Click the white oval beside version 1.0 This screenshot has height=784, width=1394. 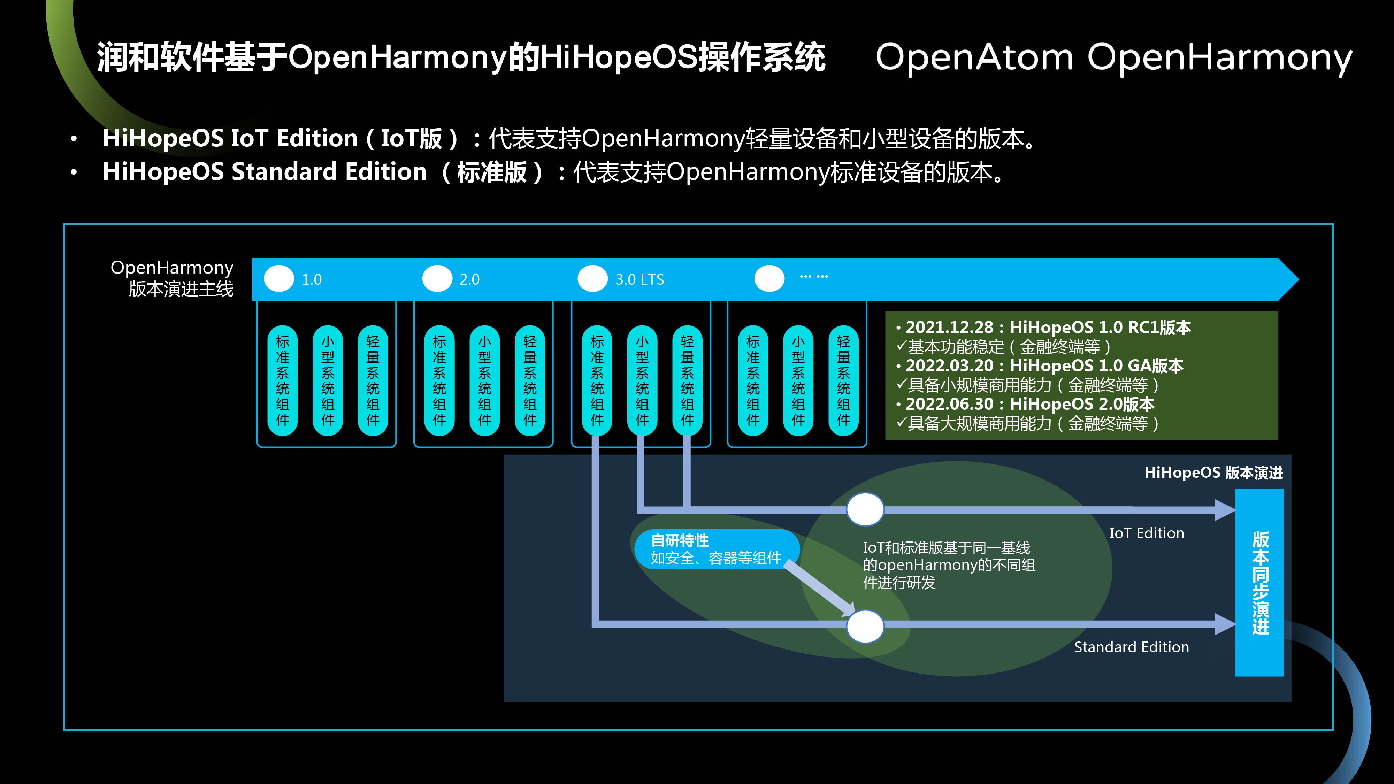279,279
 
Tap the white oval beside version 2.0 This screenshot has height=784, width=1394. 437,279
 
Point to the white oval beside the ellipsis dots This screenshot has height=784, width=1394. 769,279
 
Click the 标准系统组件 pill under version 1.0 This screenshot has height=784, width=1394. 283,381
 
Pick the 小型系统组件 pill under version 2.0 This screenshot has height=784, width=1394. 484,381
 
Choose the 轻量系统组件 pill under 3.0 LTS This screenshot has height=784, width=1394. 687,381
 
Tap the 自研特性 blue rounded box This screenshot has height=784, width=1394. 716,549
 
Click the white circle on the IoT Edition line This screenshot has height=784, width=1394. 865,509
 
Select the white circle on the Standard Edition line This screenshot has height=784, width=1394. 865,627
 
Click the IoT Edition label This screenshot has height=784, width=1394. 1147,533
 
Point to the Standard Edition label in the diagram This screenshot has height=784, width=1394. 1131,647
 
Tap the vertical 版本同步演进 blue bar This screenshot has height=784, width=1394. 1259,582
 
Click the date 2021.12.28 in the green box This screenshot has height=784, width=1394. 949,327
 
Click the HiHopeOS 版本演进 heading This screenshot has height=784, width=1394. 1213,473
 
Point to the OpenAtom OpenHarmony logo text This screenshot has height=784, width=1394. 1113,58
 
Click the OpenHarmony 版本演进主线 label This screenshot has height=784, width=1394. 172,278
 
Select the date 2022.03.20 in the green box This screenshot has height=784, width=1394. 949,366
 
